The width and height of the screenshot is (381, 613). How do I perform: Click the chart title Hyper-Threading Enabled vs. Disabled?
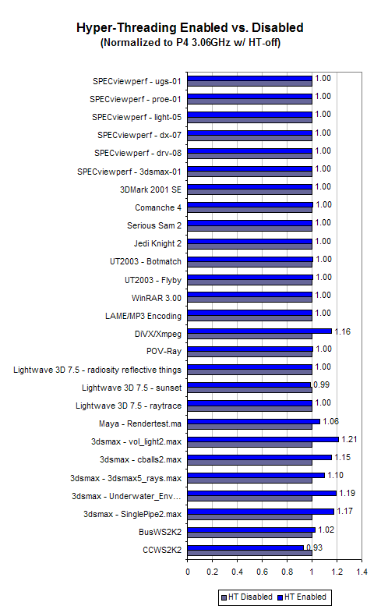pyautogui.click(x=189, y=28)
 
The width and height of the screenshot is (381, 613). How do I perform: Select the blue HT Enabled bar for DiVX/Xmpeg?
pyautogui.click(x=259, y=331)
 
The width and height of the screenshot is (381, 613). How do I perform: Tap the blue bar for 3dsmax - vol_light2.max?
pyautogui.click(x=263, y=439)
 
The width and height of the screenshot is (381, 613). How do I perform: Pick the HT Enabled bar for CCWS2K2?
pyautogui.click(x=245, y=547)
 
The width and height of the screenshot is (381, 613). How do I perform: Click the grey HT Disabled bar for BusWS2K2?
pyautogui.click(x=250, y=535)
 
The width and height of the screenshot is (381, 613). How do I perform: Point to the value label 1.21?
pyautogui.click(x=349, y=439)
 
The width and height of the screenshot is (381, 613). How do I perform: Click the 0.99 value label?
pyautogui.click(x=322, y=384)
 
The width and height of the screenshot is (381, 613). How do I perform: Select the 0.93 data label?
pyautogui.click(x=315, y=547)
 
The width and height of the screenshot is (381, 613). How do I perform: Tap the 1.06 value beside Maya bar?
pyautogui.click(x=331, y=421)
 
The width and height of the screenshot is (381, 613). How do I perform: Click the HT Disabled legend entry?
pyautogui.click(x=247, y=597)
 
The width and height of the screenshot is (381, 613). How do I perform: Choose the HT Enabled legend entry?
pyautogui.click(x=302, y=597)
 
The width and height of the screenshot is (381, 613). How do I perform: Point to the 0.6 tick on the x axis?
pyautogui.click(x=263, y=572)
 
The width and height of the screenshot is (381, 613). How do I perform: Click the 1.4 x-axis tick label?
pyautogui.click(x=362, y=572)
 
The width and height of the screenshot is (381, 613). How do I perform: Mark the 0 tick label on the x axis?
pyautogui.click(x=188, y=572)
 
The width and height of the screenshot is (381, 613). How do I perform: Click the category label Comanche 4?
pyautogui.click(x=158, y=207)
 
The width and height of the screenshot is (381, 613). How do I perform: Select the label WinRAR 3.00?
pyautogui.click(x=157, y=298)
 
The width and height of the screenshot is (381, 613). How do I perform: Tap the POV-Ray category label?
pyautogui.click(x=164, y=352)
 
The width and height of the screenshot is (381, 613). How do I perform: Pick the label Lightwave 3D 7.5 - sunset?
pyautogui.click(x=132, y=388)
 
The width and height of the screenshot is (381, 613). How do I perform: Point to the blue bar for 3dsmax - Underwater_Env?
pyautogui.click(x=262, y=493)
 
